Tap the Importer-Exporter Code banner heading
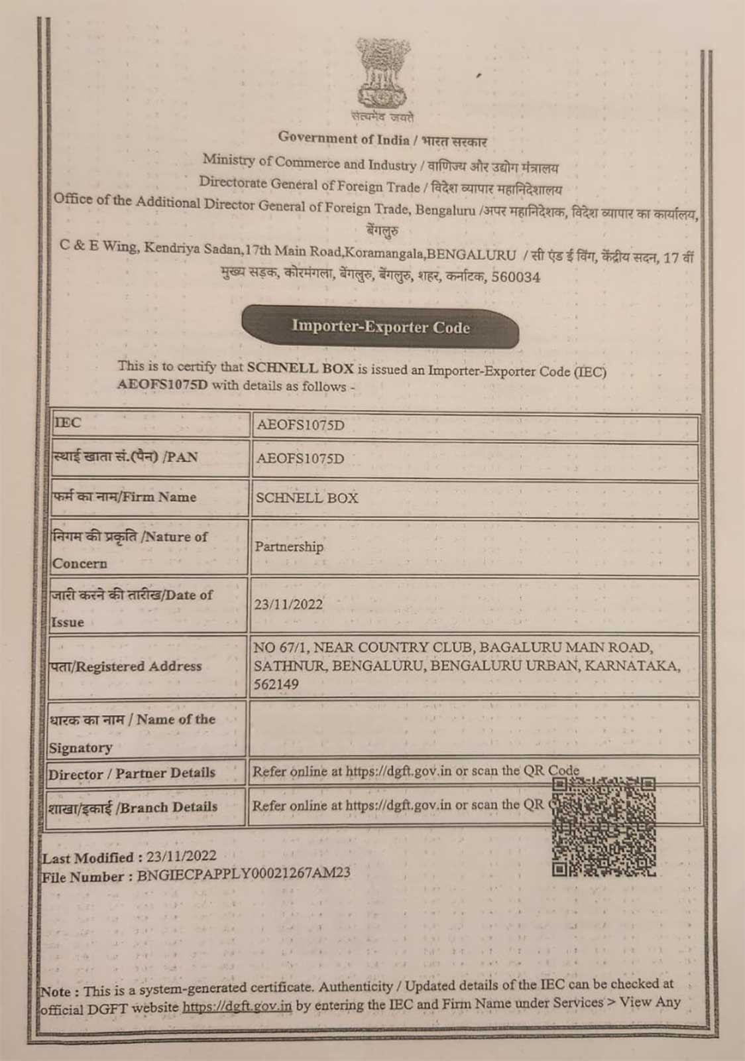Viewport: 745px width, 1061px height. (380, 327)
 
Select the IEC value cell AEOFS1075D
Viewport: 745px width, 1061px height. (300, 426)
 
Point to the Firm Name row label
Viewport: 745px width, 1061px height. (125, 497)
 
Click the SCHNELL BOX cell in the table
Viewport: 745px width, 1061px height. (307, 498)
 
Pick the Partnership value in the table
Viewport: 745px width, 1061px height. (290, 547)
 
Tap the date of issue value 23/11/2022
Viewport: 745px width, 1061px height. (288, 605)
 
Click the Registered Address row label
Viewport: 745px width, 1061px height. (126, 666)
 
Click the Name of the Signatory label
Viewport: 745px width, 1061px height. (131, 733)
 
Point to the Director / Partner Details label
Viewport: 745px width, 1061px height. (131, 773)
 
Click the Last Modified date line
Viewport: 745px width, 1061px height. (129, 857)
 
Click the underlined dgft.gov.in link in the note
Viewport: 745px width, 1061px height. (237, 1005)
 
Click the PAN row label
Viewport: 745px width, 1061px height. (125, 458)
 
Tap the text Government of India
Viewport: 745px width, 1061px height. (343, 139)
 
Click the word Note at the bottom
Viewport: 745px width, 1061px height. (56, 992)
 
